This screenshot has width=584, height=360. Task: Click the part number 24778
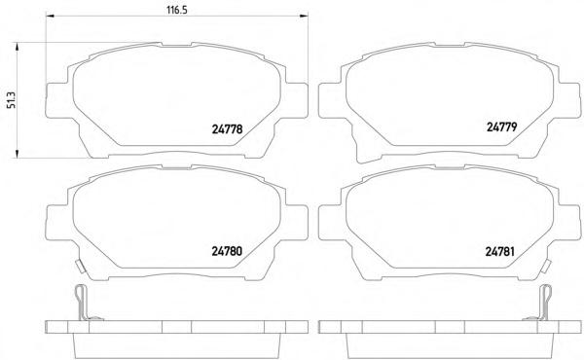tap(227, 129)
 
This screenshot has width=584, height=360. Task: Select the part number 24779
tap(501, 126)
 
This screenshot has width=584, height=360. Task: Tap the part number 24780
tap(227, 251)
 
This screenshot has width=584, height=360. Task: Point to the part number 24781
tap(500, 252)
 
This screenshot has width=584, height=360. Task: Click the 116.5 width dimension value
tap(177, 10)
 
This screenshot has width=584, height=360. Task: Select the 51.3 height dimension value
tap(13, 100)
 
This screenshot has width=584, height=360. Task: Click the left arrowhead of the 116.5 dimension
tap(50, 16)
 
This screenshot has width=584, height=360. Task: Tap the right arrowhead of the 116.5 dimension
tap(304, 16)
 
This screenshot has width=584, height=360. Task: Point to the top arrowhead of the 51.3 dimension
tap(17, 48)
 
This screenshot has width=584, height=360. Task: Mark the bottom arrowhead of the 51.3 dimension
tap(17, 154)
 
